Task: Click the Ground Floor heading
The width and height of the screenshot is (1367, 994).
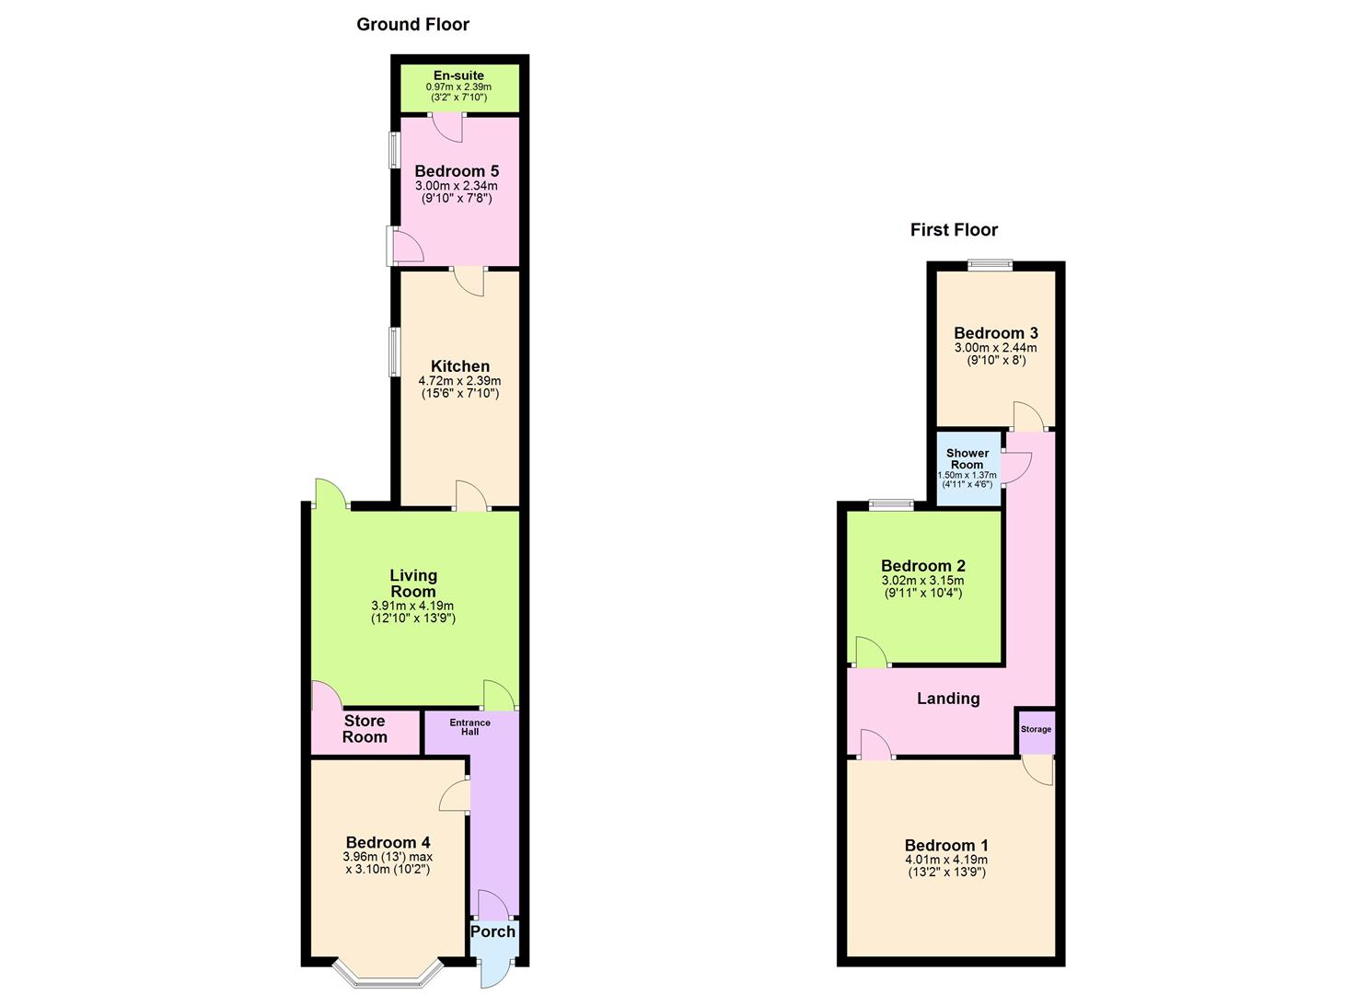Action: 412,25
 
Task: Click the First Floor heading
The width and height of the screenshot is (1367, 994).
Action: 954,230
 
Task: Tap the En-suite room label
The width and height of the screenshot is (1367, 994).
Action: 458,75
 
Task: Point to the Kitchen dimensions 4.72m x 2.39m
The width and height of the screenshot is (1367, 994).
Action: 459,381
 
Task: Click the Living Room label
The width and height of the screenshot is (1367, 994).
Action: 413,584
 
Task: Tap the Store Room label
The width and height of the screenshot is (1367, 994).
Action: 365,729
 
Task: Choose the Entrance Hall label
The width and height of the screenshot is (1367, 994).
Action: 469,727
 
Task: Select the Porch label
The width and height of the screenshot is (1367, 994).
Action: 493,931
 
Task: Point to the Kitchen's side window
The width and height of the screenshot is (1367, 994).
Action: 393,352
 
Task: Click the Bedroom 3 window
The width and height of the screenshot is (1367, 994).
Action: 990,266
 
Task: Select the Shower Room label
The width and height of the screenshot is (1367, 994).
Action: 967,458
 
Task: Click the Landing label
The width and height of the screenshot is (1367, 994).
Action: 948,699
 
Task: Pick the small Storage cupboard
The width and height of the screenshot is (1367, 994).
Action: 1036,730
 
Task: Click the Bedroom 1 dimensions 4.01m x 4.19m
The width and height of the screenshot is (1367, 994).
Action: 946,861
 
